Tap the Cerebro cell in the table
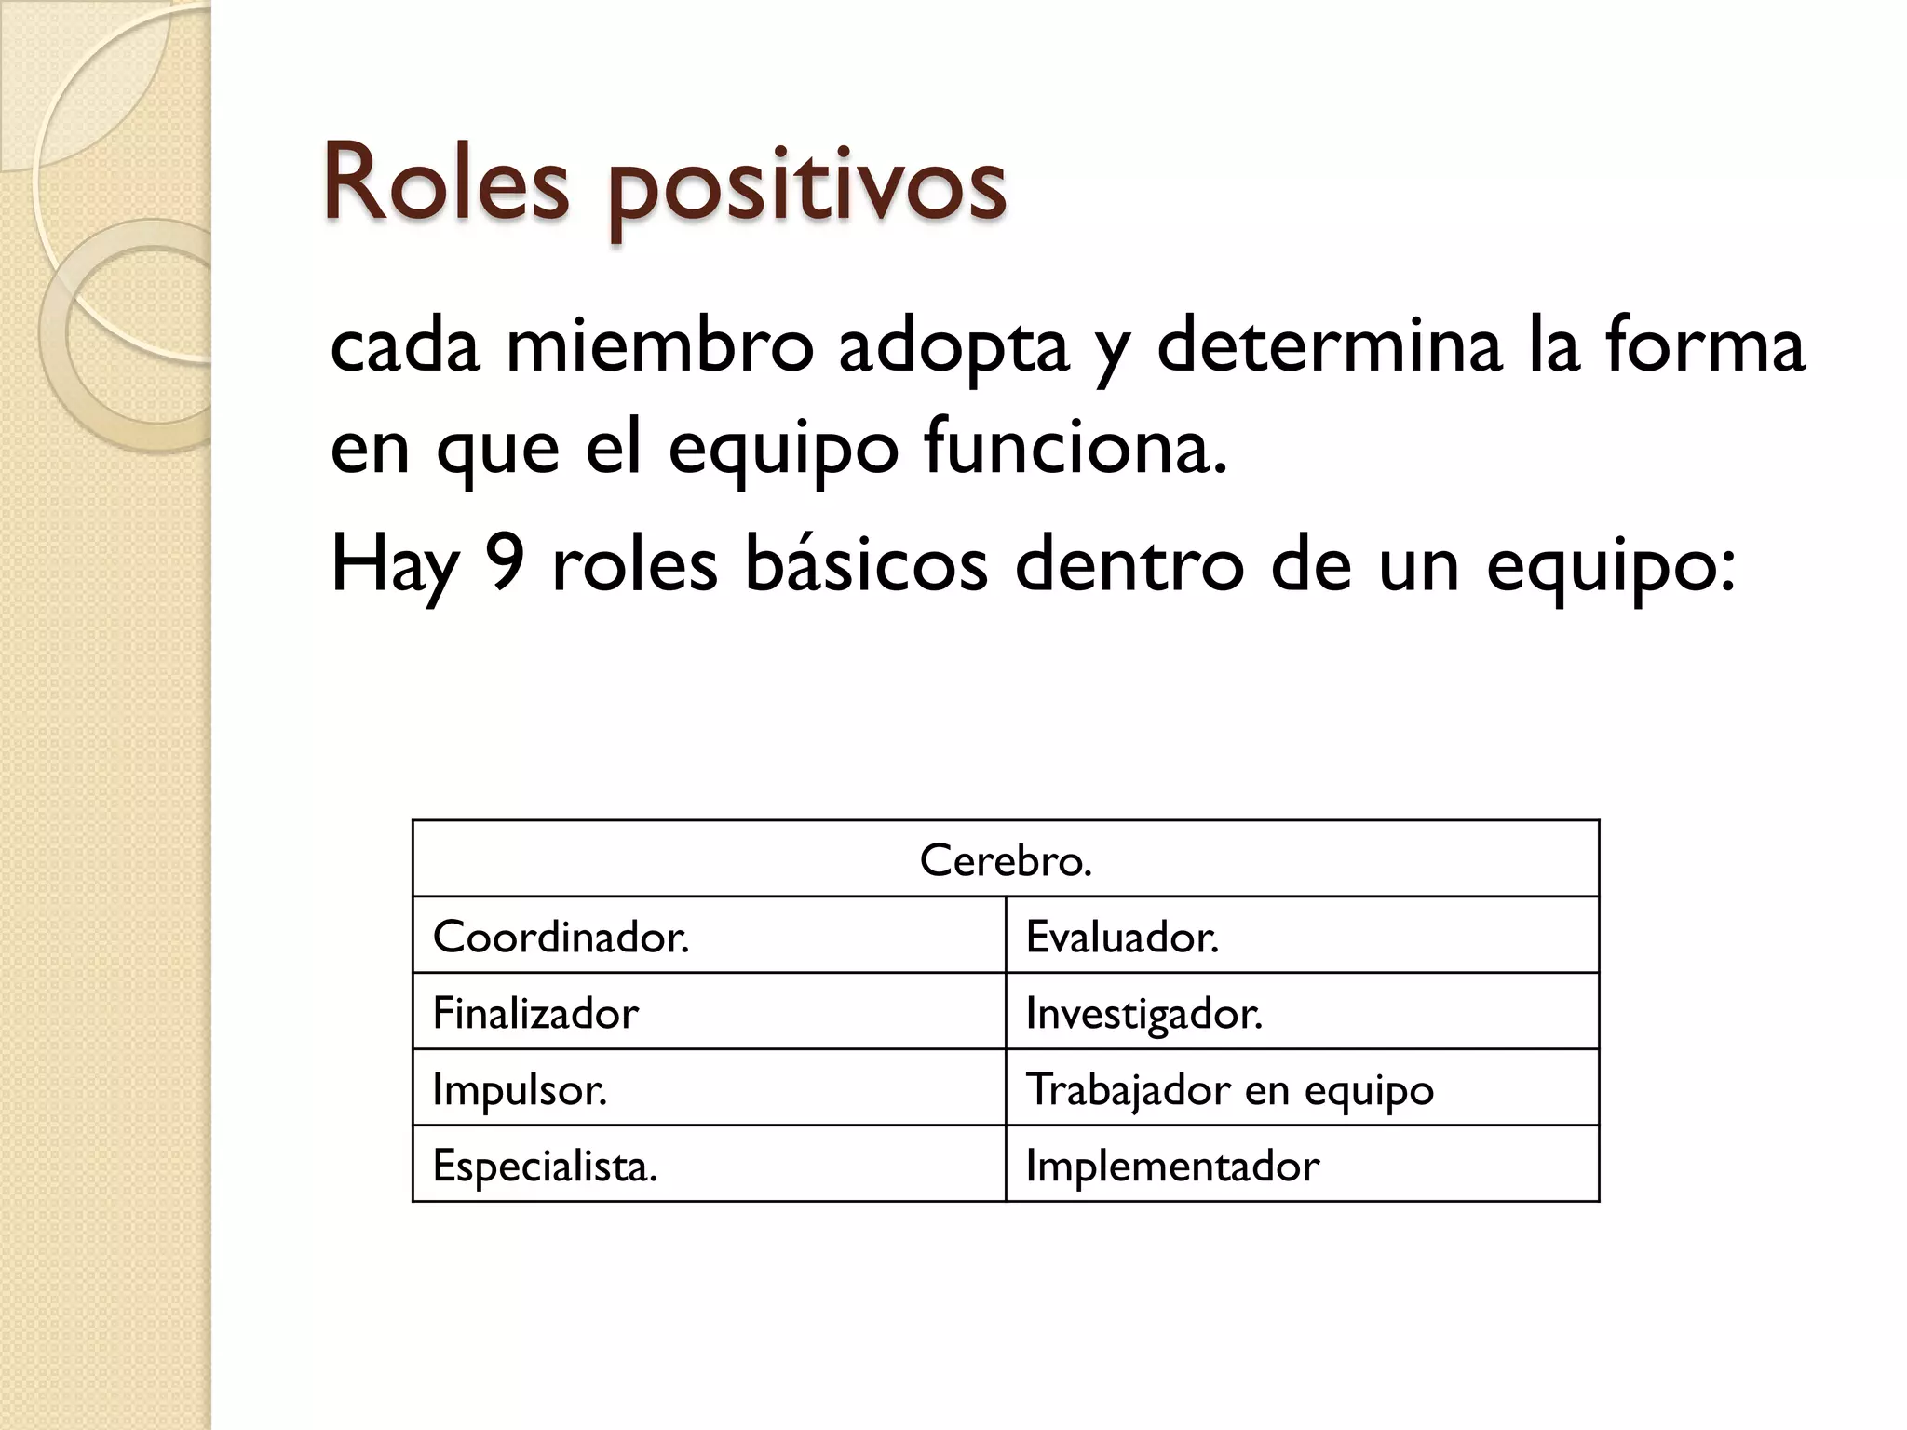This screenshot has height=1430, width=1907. pos(1006,859)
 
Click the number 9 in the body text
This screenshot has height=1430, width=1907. pos(506,564)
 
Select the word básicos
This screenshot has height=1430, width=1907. pos(866,564)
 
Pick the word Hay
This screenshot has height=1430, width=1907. pos(395,566)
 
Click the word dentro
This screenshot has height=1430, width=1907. pos(1129,564)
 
